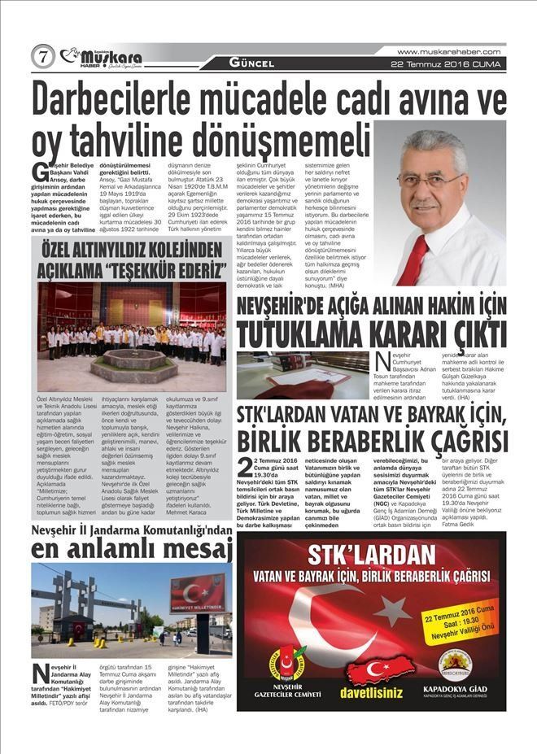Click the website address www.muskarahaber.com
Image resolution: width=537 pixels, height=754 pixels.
tap(448, 51)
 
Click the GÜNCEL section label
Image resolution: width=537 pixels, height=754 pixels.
tap(251, 63)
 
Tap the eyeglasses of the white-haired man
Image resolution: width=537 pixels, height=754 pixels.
tap(430, 181)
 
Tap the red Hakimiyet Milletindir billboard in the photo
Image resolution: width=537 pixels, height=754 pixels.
tap(197, 592)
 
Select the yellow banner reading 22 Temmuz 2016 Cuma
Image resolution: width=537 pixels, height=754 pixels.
tap(456, 624)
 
